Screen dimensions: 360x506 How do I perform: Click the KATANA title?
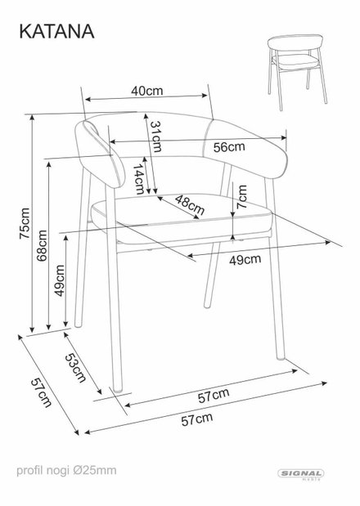56,32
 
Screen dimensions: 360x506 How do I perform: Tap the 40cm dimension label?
147,91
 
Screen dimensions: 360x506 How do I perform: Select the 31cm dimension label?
156,137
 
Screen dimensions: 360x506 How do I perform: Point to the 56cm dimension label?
229,147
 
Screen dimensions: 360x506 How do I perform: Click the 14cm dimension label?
139,179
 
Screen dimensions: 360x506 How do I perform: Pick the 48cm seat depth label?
190,205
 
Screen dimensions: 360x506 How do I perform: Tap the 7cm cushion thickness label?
241,196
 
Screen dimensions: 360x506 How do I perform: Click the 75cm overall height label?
25,223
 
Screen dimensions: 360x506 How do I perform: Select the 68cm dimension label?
42,245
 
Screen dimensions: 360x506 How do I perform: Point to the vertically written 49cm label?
60,280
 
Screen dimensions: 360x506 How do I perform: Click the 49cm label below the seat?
245,260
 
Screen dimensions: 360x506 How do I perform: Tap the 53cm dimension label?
75,368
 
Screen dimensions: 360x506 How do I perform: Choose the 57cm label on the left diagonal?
42,392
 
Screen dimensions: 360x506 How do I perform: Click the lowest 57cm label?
196,419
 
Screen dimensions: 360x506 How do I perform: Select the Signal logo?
301,474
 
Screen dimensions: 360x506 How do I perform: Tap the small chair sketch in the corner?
297,72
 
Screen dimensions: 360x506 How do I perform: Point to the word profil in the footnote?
29,471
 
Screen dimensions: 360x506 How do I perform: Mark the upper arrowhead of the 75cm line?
32,117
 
